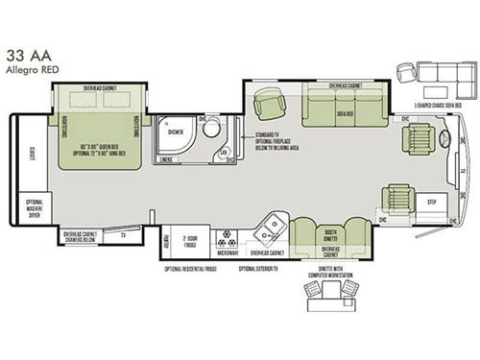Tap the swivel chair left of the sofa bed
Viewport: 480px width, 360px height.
coord(271,108)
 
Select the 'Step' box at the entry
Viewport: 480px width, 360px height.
coord(430,204)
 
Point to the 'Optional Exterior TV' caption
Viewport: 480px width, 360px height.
coord(265,270)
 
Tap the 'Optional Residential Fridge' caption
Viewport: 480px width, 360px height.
coord(198,270)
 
